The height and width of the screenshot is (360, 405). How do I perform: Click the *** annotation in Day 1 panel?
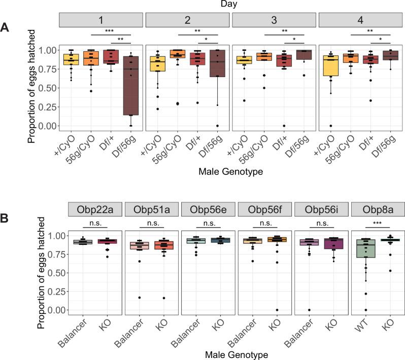(109, 31)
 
